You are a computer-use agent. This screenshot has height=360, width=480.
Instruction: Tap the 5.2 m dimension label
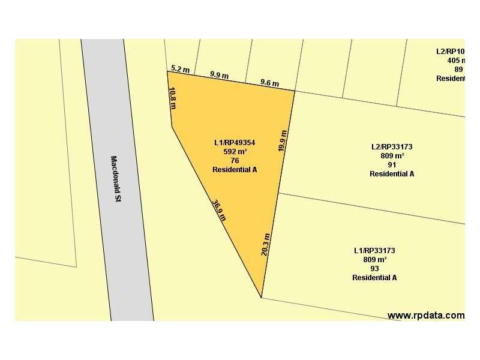pyautogui.click(x=180, y=70)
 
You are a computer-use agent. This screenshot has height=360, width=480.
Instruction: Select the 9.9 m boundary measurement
pyautogui.click(x=219, y=76)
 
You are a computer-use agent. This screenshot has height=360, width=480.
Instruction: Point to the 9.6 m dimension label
pyautogui.click(x=269, y=82)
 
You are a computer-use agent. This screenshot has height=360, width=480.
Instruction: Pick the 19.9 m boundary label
pyautogui.click(x=283, y=140)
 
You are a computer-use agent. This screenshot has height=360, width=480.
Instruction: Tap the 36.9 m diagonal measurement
pyautogui.click(x=219, y=210)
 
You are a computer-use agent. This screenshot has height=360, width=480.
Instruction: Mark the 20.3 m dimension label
pyautogui.click(x=266, y=244)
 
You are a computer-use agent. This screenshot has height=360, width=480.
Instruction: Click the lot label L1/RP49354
pyautogui.click(x=235, y=143)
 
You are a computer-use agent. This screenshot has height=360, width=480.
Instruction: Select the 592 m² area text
pyautogui.click(x=235, y=152)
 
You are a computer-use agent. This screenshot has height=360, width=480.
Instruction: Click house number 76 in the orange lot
pyautogui.click(x=235, y=161)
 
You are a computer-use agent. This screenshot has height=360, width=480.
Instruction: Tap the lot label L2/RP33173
pyautogui.click(x=392, y=146)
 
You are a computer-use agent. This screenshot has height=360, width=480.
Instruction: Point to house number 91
pyautogui.click(x=392, y=164)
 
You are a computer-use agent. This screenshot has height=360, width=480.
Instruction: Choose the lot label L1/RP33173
pyautogui.click(x=374, y=250)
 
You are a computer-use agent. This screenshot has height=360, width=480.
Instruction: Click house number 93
pyautogui.click(x=374, y=268)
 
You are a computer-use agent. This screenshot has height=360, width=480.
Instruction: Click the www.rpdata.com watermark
pyautogui.click(x=425, y=315)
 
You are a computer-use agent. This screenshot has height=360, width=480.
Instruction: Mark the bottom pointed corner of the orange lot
pyautogui.click(x=261, y=297)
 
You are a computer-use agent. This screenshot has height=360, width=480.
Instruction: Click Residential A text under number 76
pyautogui.click(x=235, y=170)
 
